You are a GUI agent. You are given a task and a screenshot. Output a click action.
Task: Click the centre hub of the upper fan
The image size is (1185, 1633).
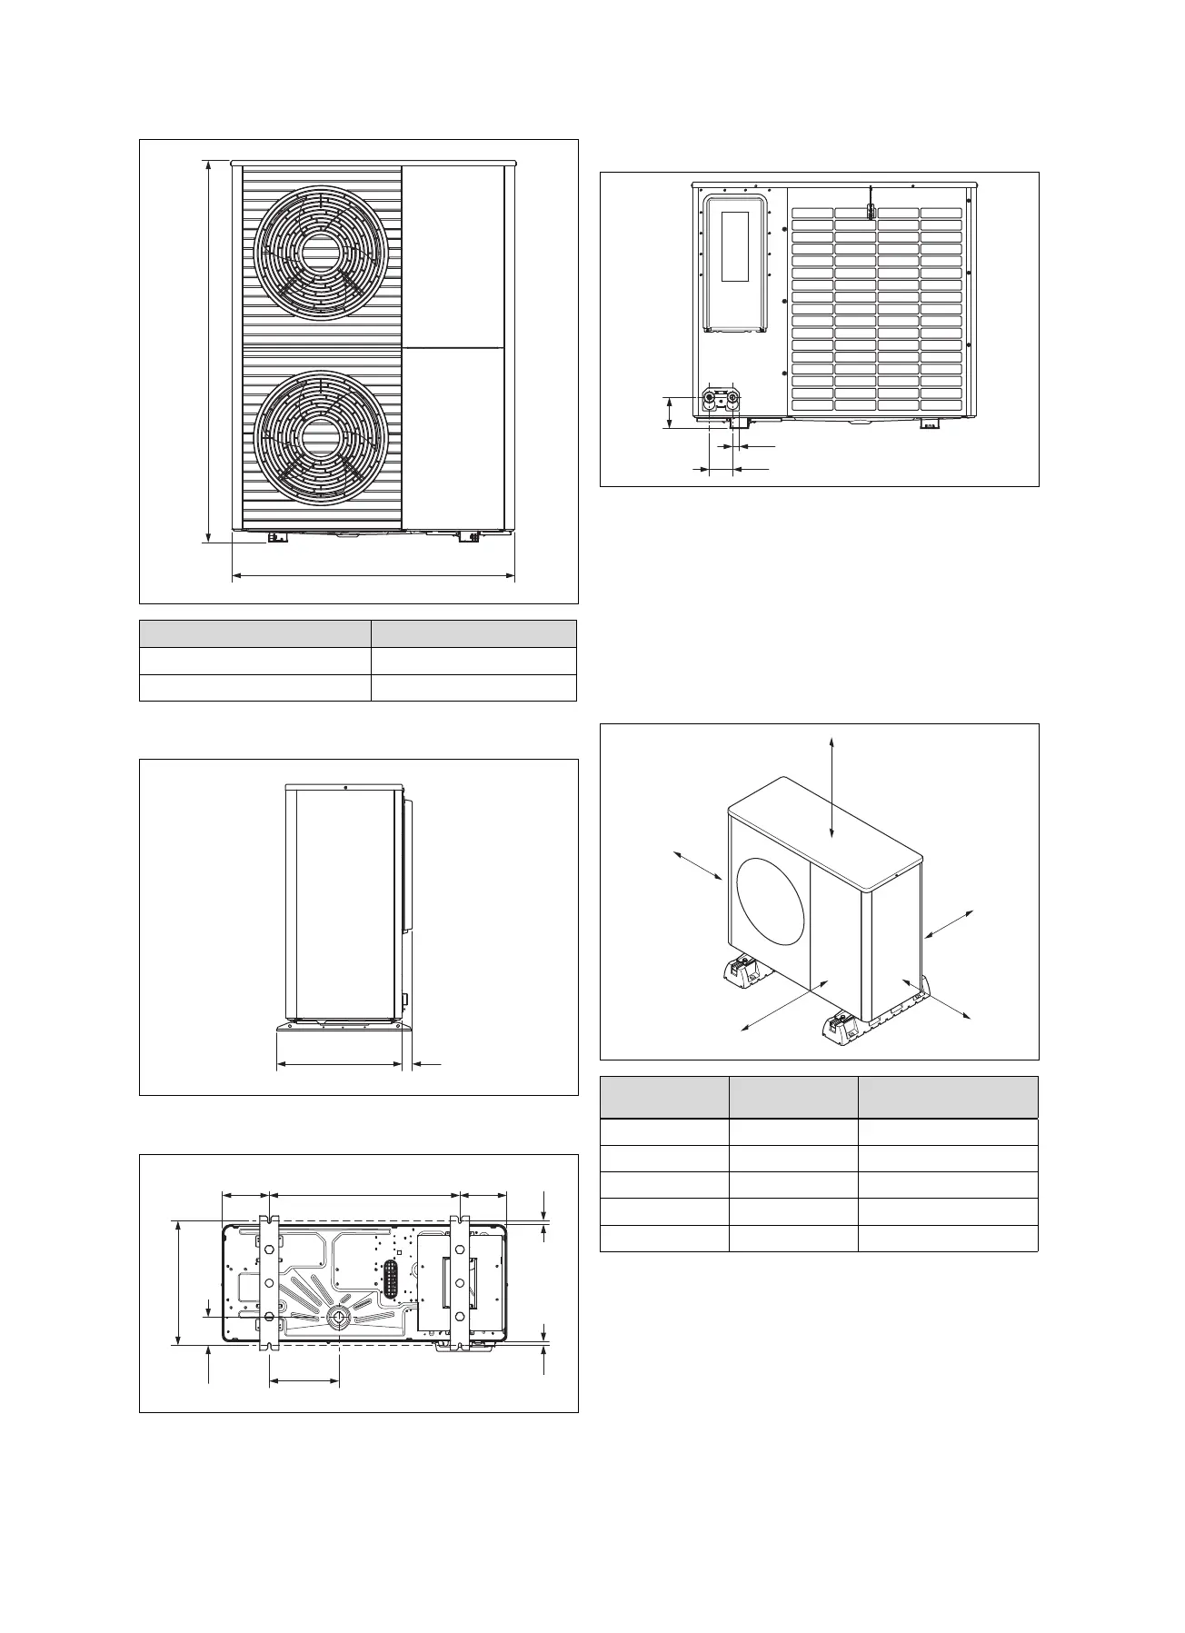321,254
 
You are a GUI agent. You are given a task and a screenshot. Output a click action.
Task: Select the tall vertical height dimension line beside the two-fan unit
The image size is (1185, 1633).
209,352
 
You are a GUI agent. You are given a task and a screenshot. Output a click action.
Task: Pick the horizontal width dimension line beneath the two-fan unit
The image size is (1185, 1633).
373,575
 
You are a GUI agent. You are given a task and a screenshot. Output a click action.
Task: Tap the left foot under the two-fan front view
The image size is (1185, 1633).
276,538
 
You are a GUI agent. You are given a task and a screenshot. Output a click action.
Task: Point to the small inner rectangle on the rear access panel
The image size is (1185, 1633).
734,246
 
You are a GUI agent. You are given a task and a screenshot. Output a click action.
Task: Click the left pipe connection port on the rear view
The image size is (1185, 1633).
709,399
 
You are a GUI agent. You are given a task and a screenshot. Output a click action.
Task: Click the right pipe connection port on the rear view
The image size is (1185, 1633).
733,399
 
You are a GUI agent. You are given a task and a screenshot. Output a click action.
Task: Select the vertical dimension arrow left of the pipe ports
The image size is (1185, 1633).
670,413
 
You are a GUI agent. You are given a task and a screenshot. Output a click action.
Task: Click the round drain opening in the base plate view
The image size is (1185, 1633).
339,1316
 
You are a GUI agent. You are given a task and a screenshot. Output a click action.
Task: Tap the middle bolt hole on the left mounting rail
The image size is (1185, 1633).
268,1282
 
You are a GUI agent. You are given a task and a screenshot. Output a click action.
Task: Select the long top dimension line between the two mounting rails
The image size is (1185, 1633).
364,1197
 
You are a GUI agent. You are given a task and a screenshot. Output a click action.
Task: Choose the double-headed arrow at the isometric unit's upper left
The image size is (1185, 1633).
697,866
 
